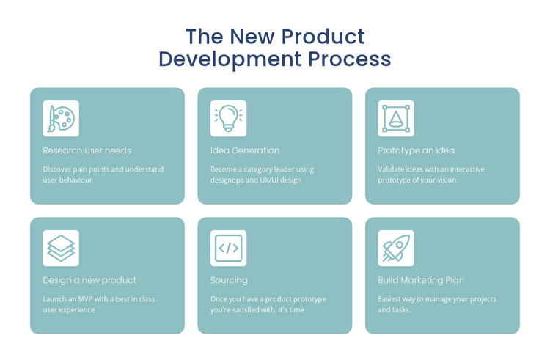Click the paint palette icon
tap(61, 119)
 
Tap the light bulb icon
tap(228, 119)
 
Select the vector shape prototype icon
tap(396, 119)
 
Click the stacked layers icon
tap(61, 249)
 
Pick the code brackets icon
tap(228, 249)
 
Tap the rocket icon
tap(396, 249)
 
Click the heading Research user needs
tap(87, 150)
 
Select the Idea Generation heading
tap(245, 150)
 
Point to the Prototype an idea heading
tap(416, 150)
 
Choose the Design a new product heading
tap(89, 280)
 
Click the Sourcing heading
tap(229, 280)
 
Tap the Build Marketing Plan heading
tap(421, 280)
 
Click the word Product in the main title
tap(323, 37)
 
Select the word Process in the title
tap(349, 59)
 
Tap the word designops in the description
tap(230, 180)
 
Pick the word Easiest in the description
tap(392, 299)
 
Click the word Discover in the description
tap(58, 169)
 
